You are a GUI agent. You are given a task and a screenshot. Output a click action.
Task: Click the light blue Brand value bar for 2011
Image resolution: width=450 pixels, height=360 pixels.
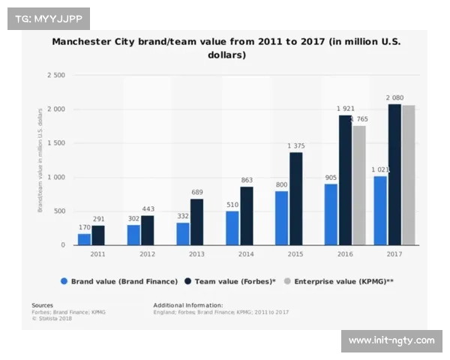point(84,239)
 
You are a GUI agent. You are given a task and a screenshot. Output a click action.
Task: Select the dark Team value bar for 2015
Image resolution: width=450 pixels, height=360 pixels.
point(296,199)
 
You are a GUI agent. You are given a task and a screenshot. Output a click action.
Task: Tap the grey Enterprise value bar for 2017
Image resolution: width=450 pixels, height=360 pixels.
point(409,175)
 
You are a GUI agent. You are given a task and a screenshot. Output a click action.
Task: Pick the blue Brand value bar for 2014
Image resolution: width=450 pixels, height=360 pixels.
point(232,228)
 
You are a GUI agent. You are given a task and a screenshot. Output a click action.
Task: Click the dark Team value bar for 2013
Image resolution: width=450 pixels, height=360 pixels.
point(197,222)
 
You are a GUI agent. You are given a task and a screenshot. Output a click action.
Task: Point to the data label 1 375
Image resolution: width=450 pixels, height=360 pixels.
point(297,145)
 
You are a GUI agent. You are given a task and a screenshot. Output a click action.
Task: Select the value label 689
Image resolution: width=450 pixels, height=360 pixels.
point(198,192)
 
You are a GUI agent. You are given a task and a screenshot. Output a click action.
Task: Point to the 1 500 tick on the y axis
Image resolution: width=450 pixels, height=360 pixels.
point(56,143)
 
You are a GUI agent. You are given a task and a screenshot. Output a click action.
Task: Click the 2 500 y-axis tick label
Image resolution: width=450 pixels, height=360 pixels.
point(56,76)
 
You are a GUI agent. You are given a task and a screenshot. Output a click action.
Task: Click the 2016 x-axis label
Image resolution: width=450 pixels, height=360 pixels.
point(345,254)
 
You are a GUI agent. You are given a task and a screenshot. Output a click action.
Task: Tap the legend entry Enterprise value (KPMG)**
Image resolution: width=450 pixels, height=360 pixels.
point(340,281)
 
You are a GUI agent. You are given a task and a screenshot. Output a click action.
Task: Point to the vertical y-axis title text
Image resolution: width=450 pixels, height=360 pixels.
point(40,160)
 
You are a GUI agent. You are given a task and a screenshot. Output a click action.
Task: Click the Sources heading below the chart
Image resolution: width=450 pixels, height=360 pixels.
point(42,305)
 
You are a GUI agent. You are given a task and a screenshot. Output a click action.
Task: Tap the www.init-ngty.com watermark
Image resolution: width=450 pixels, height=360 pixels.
point(391,340)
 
